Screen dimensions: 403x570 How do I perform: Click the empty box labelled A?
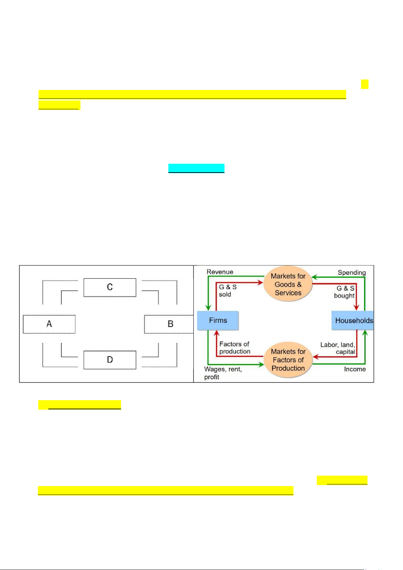(x=49, y=324)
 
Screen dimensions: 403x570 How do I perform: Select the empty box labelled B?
(x=169, y=324)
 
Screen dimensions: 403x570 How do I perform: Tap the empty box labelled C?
(x=110, y=288)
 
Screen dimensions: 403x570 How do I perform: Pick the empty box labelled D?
(x=110, y=360)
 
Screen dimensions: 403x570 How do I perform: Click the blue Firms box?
(x=218, y=320)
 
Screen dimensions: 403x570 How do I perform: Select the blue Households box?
(x=352, y=320)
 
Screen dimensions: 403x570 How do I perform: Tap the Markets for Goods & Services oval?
(x=288, y=284)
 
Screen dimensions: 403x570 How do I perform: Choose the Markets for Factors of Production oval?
(x=288, y=360)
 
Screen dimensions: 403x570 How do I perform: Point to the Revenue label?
(x=220, y=272)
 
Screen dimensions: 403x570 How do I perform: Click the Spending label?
(x=352, y=273)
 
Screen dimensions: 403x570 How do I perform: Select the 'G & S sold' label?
(x=228, y=291)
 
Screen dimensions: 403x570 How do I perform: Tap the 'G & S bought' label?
(x=344, y=292)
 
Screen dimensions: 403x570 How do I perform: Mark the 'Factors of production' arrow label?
(x=235, y=348)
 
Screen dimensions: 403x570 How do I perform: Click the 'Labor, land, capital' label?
(x=338, y=348)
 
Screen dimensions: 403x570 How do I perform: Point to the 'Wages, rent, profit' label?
(x=223, y=373)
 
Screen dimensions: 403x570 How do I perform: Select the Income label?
(x=355, y=369)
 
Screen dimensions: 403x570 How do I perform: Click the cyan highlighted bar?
(x=196, y=168)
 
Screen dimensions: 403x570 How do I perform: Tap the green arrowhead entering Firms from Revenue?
(x=208, y=307)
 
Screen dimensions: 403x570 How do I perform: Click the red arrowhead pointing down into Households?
(x=356, y=307)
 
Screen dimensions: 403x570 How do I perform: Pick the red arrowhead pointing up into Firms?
(x=217, y=333)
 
